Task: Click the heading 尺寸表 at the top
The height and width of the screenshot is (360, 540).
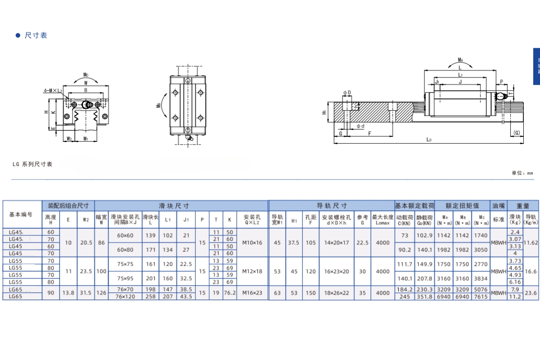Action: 36,36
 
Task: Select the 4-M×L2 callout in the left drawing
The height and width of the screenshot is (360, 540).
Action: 53,91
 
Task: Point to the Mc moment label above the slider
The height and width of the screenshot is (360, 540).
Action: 85,75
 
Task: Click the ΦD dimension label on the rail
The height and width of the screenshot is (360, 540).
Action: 346,93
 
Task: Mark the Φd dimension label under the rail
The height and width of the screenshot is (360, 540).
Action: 360,126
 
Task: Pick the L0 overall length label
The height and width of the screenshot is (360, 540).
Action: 429,140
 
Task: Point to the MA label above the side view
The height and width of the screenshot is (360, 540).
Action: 460,60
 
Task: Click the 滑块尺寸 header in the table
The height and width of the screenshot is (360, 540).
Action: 174,206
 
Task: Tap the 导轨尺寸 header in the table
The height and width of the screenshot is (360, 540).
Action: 332,206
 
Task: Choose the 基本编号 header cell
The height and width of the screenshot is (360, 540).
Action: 21,214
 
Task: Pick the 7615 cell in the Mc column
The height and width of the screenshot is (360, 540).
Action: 481,297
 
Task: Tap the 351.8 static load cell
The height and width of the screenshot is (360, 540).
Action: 424,297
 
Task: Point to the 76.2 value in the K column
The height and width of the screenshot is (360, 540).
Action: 229,293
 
